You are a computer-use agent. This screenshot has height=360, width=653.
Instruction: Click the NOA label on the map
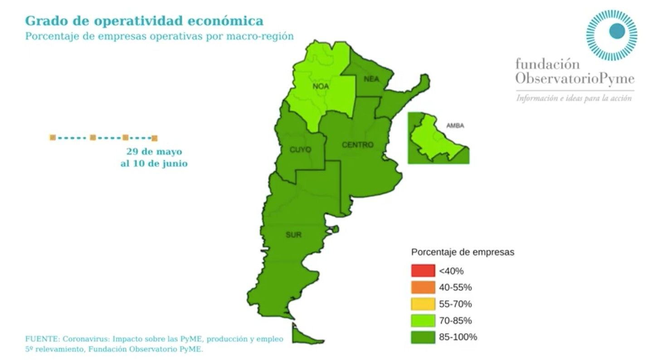point(321,86)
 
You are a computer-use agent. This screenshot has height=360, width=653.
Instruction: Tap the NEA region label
point(371,79)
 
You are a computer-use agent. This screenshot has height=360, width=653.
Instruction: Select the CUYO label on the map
point(300,149)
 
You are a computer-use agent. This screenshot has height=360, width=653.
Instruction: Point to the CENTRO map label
point(357,145)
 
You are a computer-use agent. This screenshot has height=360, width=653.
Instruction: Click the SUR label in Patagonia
point(293,234)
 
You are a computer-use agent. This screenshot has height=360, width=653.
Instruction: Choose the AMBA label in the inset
point(455,126)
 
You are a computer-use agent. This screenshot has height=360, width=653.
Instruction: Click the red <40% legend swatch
point(423,271)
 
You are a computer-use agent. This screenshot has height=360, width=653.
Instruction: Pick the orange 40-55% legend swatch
point(423,287)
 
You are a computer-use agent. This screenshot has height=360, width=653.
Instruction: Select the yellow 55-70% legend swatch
point(423,304)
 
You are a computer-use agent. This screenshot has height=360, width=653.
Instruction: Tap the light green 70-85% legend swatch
point(423,321)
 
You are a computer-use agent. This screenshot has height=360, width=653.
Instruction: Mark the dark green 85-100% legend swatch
point(423,337)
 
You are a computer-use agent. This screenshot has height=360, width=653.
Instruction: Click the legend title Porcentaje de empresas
point(463,252)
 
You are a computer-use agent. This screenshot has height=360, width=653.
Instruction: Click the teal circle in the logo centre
point(616,31)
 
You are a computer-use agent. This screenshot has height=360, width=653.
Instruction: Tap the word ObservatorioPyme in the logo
point(575,79)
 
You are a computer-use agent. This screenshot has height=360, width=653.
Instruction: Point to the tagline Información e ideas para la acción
point(574,98)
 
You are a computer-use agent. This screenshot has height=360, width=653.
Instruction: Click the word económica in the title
point(226,21)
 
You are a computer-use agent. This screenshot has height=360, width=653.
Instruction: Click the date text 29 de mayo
point(154,151)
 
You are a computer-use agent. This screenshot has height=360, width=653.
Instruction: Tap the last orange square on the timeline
point(154,138)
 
